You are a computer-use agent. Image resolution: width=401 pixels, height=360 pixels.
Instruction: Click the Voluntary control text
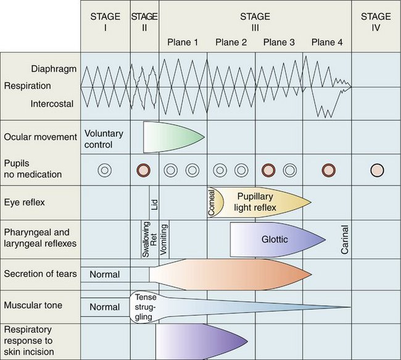coord(105,139)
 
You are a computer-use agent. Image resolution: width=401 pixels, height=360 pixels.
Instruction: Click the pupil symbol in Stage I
coord(105,170)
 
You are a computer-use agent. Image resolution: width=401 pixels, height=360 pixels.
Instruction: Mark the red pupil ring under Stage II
coord(144,170)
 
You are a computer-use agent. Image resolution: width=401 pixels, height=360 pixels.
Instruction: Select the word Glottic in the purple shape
coord(275,239)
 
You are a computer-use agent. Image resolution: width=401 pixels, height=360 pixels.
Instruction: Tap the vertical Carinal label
coord(344,239)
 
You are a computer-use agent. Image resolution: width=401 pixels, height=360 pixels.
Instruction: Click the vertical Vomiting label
coord(164,239)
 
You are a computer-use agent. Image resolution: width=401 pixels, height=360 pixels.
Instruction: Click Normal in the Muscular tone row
coord(104,306)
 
